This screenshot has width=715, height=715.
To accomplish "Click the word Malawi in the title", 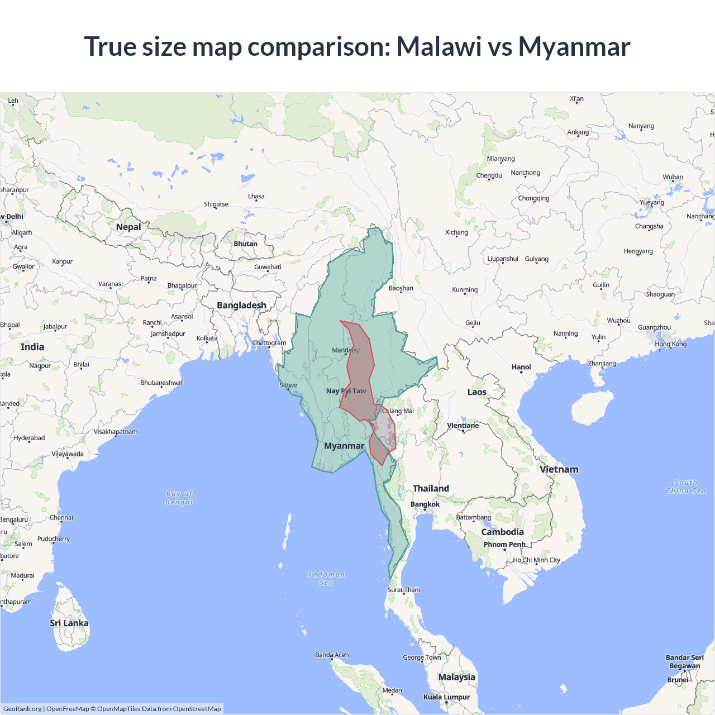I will click(438, 46).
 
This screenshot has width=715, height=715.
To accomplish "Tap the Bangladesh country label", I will click(241, 306).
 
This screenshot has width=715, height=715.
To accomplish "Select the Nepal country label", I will click(128, 227).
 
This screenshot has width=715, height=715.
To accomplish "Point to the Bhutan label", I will click(245, 244).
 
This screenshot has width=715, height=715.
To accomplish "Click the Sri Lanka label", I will click(69, 623).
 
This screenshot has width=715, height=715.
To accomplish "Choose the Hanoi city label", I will click(521, 367).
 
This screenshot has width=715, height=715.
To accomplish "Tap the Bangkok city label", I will click(425, 504).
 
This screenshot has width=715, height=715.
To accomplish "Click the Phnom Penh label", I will click(504, 545).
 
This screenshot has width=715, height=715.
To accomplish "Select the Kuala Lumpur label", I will click(446, 697).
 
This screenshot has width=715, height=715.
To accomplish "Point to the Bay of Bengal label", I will click(179, 498).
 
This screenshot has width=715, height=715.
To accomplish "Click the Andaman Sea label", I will click(326, 578).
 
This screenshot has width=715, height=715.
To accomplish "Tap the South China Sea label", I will click(686, 487).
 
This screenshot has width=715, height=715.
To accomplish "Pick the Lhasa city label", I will click(256, 197).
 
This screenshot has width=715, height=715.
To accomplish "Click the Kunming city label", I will click(465, 290).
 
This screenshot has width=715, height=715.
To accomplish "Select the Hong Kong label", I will click(671, 344).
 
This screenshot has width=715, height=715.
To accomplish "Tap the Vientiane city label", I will click(463, 426).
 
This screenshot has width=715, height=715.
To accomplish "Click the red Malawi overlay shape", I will click(358, 369).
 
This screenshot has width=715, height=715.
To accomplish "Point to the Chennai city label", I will click(61, 518).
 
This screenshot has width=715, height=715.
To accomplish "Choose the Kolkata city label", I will click(207, 339).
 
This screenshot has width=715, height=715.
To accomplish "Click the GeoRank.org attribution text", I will click(22, 709).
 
